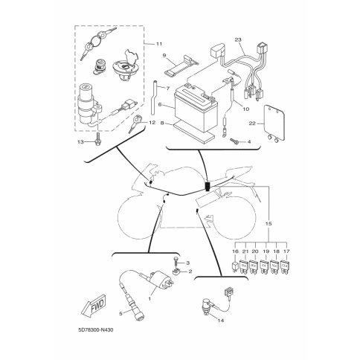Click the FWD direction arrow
94,306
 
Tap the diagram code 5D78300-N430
96,330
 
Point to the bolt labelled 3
176,261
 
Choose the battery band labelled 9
181,65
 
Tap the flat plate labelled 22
274,121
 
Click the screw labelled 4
234,141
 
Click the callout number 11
159,44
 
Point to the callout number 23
238,39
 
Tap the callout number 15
269,224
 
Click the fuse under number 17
286,266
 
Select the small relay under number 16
236,266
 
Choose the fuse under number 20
254,266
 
